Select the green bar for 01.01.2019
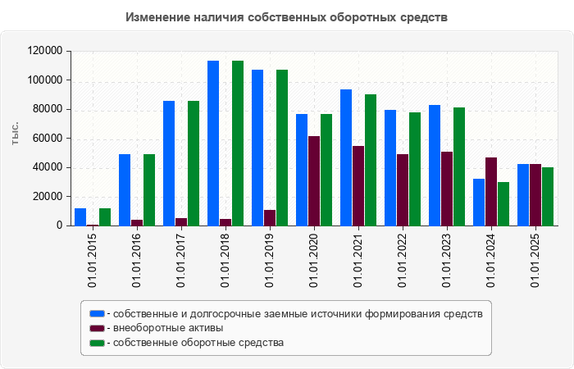point(282,148)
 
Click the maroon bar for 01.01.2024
point(491,191)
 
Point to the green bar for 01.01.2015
point(105,216)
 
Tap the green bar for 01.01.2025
point(548,196)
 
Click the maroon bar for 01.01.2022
point(403,189)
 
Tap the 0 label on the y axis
point(60,225)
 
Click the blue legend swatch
point(97,313)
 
